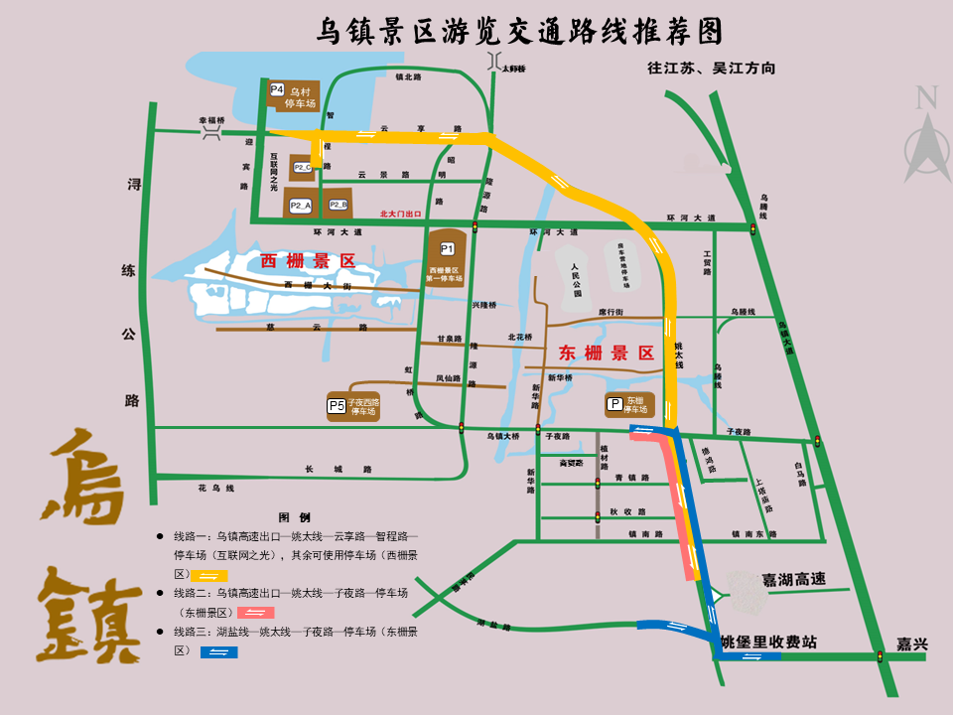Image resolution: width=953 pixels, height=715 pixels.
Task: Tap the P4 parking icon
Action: pos(277,88)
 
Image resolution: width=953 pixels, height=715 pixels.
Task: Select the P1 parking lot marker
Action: pos(447,248)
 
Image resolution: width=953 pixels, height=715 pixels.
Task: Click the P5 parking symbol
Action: pos(337,405)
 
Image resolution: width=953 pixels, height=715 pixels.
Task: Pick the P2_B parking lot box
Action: pos(339,205)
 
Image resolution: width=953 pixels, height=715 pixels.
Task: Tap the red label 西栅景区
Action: pos(308,261)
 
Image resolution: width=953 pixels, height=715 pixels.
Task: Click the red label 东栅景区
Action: pos(607,353)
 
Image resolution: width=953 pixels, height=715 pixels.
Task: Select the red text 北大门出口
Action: pos(401,214)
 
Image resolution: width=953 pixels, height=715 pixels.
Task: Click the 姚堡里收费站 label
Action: pos(768,643)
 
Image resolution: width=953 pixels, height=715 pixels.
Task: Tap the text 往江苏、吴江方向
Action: pos(711,69)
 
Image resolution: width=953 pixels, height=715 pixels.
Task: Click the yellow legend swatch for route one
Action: pos(212,575)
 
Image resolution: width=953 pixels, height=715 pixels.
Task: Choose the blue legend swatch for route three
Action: pos(218,651)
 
